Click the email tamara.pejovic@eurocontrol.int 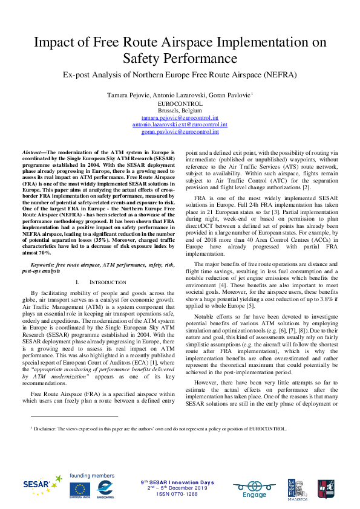click(180, 117)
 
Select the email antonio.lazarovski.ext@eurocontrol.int click(180, 124)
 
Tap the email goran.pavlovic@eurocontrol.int click(180, 131)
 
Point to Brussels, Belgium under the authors click(180, 111)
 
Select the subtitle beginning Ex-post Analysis click(180, 75)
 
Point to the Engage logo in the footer click(255, 488)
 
